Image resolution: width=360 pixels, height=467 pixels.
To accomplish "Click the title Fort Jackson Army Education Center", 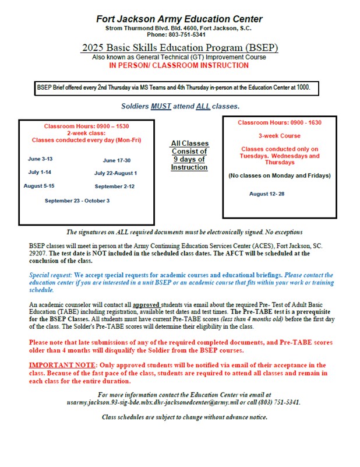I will (179, 19).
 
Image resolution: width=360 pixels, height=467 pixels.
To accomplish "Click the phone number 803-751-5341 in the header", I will (190, 35).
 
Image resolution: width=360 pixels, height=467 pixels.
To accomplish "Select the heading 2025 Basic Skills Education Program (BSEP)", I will (179, 47).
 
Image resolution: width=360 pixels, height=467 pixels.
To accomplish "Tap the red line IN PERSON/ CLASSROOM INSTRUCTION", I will (179, 65).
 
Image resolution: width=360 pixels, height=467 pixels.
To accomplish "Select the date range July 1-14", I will (40, 172).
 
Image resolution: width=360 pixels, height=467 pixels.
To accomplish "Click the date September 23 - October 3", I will (77, 201).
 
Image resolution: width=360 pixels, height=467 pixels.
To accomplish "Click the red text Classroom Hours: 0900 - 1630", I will (280, 122).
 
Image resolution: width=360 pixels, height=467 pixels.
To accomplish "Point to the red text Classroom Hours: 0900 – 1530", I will (86, 126).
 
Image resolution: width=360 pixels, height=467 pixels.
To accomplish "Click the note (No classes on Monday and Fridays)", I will (280, 175).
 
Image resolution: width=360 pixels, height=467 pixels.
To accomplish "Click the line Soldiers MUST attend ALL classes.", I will (180, 106).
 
